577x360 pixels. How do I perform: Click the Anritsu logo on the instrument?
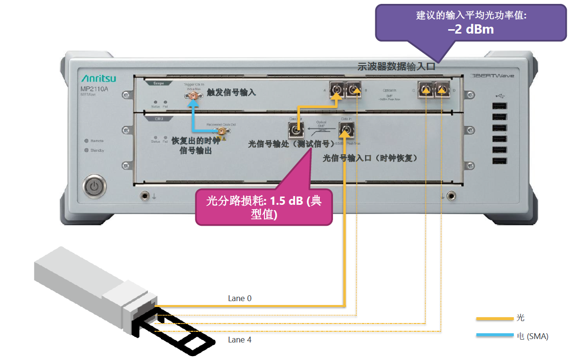(x=98, y=78)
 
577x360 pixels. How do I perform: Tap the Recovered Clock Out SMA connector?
(x=221, y=131)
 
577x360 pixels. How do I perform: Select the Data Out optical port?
(x=295, y=130)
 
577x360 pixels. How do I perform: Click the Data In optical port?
(x=346, y=130)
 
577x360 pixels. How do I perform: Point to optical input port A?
(x=336, y=89)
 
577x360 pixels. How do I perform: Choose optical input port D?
(x=441, y=89)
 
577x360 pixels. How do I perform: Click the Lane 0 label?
(x=240, y=298)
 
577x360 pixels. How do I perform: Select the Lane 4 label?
(x=240, y=340)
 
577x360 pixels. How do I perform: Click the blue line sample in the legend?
(x=494, y=336)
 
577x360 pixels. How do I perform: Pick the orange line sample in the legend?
(x=494, y=319)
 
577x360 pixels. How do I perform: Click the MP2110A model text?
(x=94, y=89)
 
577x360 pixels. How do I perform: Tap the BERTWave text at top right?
(x=492, y=76)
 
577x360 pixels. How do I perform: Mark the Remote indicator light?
(x=86, y=141)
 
